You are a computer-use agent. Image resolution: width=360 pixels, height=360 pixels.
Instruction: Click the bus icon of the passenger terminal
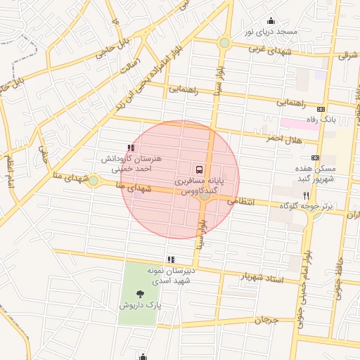[x=200, y=169]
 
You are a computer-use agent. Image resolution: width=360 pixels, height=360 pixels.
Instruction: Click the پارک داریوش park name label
[x=140, y=306]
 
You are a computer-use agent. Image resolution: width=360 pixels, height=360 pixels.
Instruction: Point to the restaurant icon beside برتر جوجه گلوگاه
[x=305, y=195]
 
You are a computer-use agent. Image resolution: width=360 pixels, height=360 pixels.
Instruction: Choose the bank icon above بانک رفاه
[x=321, y=109]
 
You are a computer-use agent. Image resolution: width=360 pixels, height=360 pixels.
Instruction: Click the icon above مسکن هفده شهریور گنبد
[x=314, y=157]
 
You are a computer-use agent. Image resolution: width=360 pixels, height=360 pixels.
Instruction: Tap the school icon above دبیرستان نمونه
[x=171, y=259]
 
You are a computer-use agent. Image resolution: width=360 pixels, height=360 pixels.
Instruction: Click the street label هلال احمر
[x=283, y=138]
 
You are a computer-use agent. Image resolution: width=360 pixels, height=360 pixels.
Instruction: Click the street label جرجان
[x=266, y=320]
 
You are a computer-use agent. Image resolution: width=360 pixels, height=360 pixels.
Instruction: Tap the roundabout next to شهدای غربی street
[x=224, y=43]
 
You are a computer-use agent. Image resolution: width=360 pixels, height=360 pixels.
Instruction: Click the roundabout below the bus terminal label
[x=205, y=196]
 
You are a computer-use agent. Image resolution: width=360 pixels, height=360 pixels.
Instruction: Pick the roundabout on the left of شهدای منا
[x=94, y=181]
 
